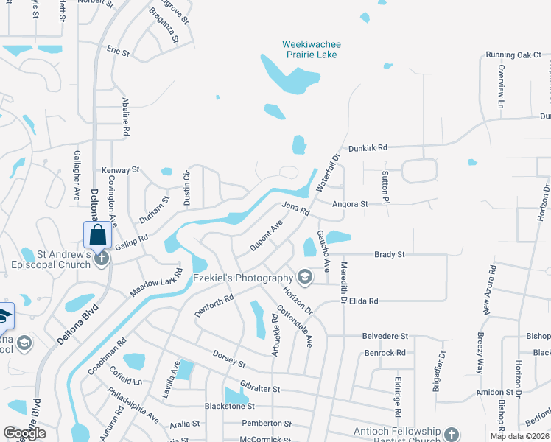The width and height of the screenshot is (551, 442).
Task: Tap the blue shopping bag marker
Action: (97, 236)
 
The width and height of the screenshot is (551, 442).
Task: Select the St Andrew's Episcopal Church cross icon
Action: (102, 258)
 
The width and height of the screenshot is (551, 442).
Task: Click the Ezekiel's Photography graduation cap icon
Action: (303, 277)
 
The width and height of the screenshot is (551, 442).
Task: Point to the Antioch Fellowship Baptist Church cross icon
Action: (452, 435)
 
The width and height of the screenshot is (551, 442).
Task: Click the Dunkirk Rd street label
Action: (368, 148)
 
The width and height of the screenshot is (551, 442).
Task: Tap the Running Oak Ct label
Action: (513, 55)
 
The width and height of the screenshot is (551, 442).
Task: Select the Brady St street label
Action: (390, 255)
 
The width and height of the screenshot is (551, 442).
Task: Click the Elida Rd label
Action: (364, 301)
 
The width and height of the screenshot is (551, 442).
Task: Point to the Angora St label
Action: (350, 204)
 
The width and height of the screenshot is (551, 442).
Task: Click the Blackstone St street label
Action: (229, 406)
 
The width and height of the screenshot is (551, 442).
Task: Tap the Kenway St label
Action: (120, 169)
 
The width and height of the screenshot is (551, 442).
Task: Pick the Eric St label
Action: (118, 53)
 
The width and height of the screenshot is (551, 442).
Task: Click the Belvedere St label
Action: (385, 336)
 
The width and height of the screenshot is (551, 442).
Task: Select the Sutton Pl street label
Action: (385, 183)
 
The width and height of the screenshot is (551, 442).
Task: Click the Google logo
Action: (24, 433)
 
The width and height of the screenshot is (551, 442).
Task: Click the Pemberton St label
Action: (267, 424)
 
